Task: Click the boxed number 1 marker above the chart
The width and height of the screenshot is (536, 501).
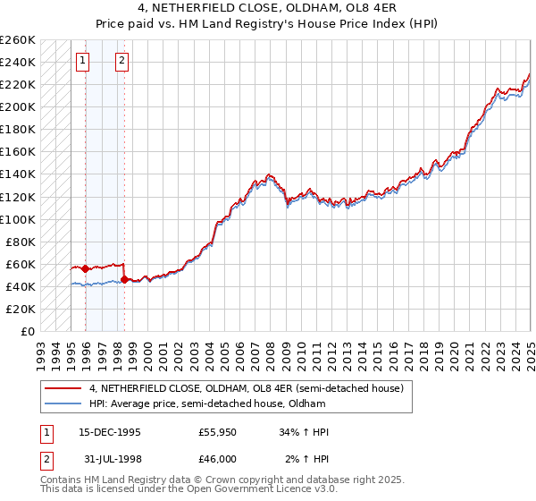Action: click(82, 62)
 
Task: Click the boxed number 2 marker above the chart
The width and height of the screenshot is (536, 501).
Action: click(121, 62)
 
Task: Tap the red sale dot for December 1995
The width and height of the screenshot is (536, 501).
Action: click(85, 268)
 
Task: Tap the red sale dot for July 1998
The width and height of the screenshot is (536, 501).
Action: click(124, 279)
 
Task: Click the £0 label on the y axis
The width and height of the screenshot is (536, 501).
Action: click(28, 331)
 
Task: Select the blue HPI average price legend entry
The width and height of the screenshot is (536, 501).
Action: click(214, 403)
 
